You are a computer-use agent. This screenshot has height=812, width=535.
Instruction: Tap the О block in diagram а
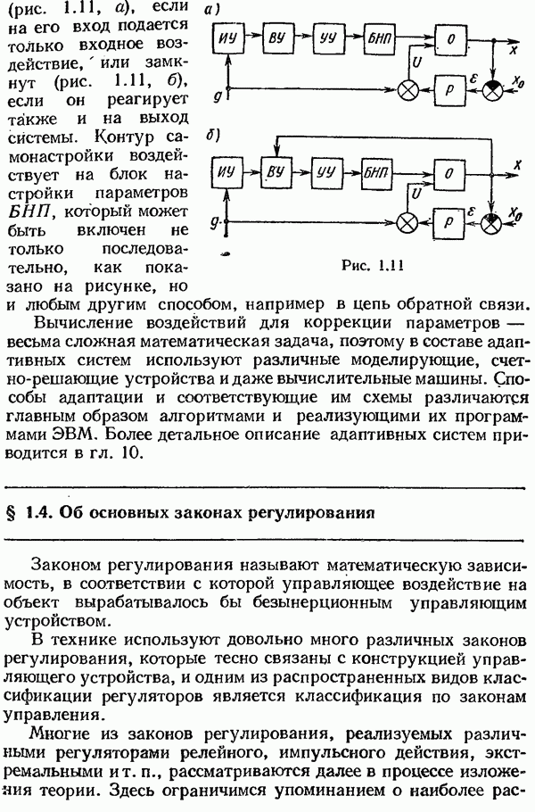[452, 42]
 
